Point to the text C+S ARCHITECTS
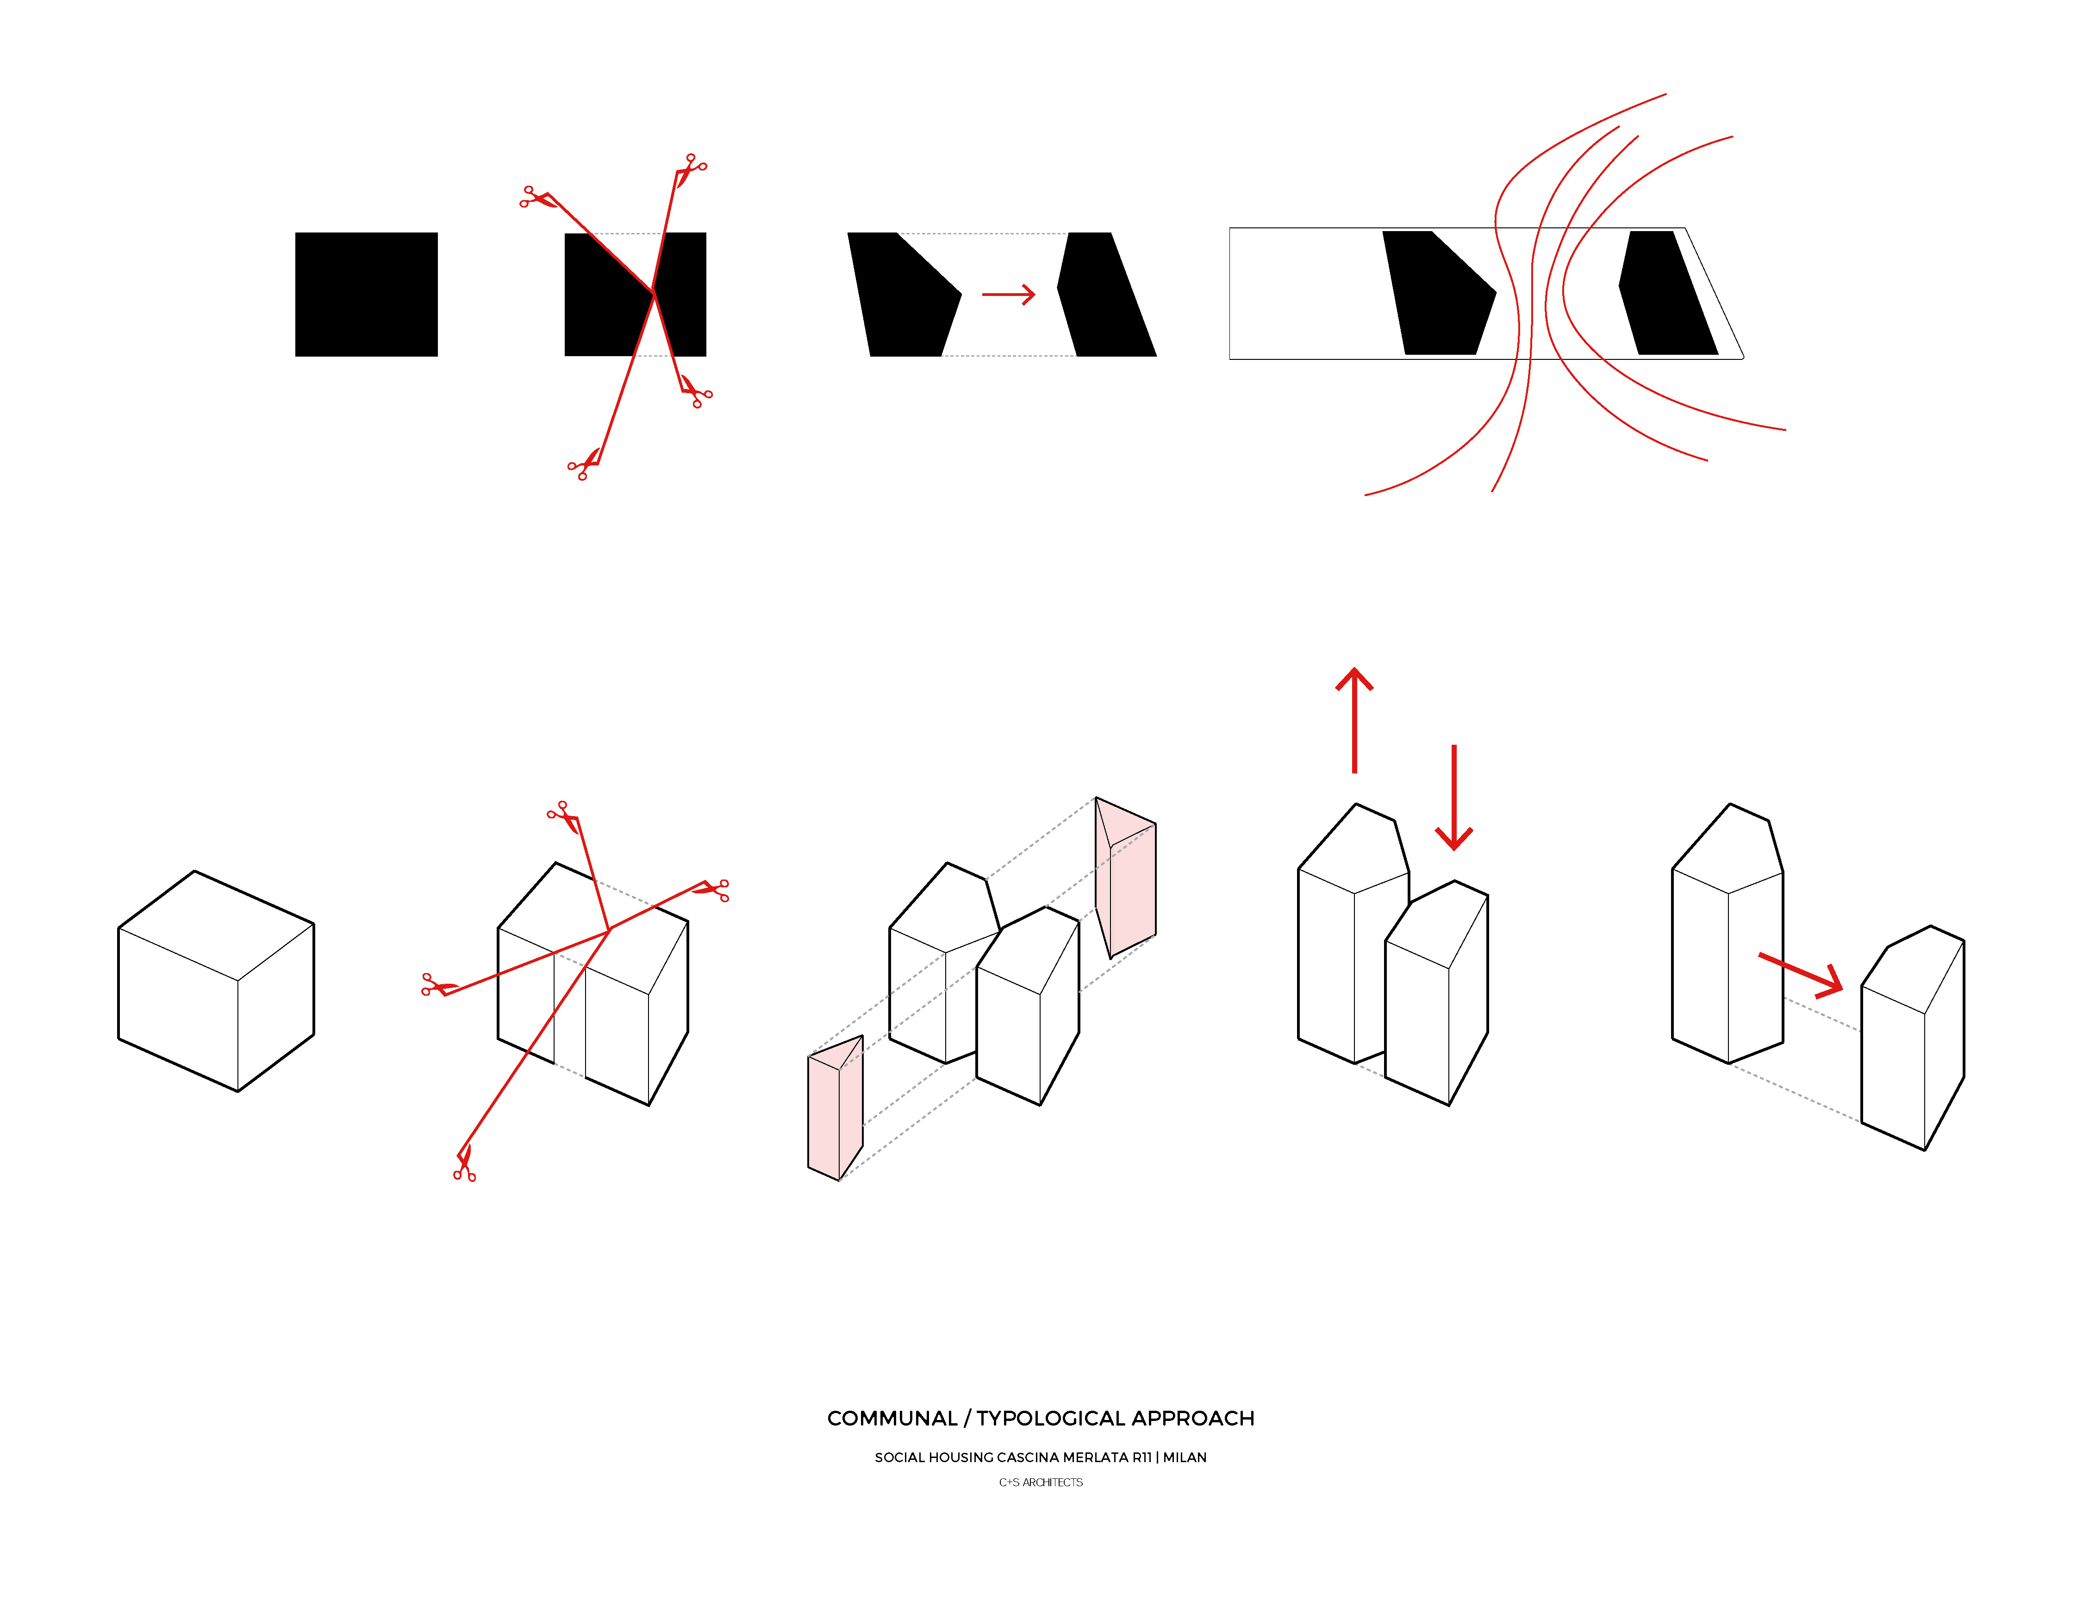coord(1041,1483)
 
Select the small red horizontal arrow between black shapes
coord(1008,295)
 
